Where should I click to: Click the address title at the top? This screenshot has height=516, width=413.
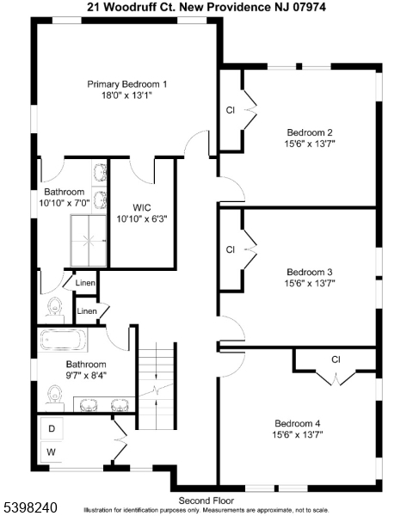click(x=206, y=6)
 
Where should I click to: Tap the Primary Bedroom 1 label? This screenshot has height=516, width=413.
click(x=126, y=84)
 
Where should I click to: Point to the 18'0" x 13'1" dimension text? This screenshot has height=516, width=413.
click(x=126, y=96)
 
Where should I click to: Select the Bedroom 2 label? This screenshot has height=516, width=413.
click(x=310, y=132)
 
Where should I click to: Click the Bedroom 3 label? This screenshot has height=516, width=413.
click(x=310, y=271)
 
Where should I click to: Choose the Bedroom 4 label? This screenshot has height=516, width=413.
click(x=298, y=423)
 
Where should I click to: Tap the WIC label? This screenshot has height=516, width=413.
click(x=143, y=207)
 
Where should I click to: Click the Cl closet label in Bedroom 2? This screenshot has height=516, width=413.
click(x=230, y=111)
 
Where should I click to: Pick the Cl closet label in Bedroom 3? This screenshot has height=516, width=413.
click(x=230, y=250)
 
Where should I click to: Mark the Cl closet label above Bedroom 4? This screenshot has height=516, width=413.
click(x=336, y=359)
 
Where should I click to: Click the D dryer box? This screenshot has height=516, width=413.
click(x=52, y=428)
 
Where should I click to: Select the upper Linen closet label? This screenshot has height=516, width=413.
click(x=85, y=283)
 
